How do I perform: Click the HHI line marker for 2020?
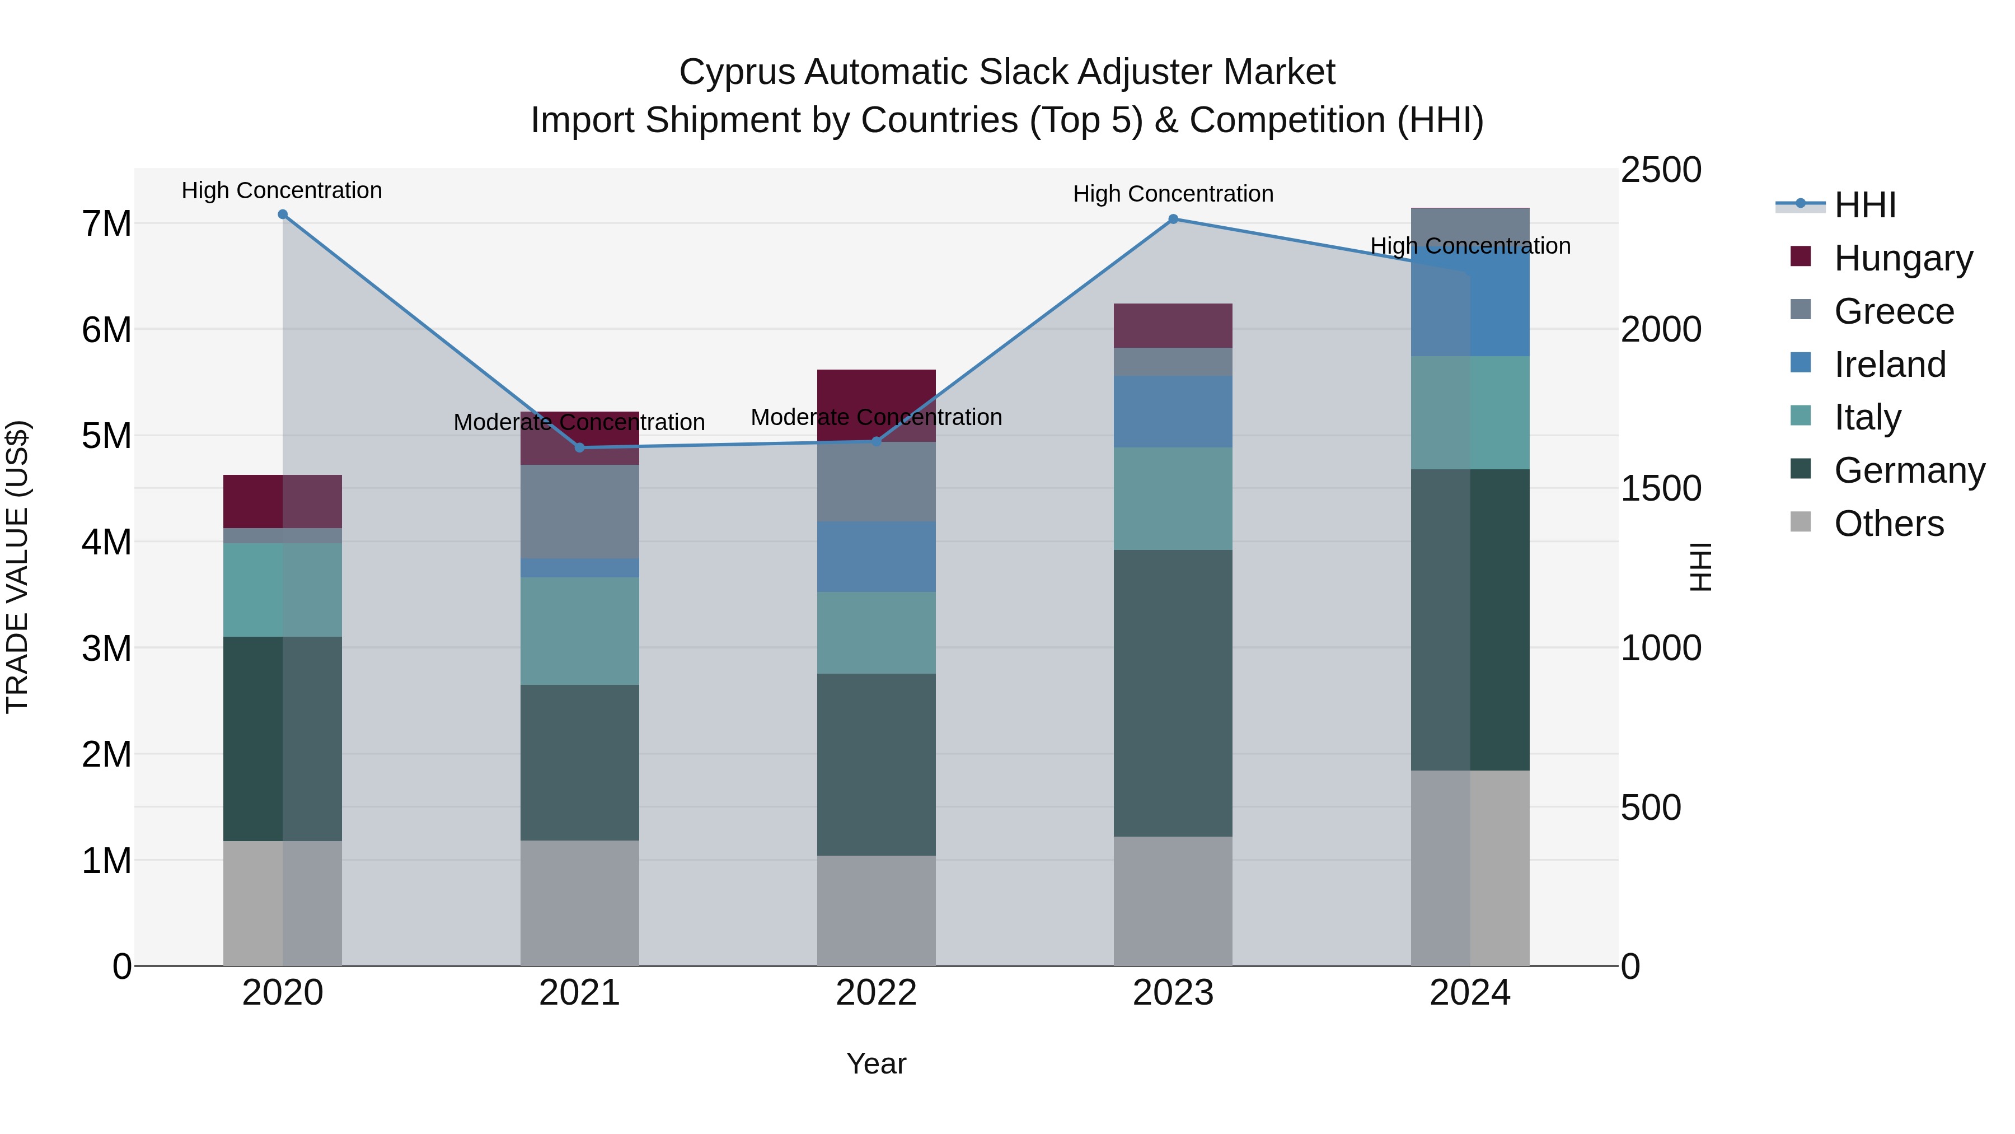click(x=283, y=214)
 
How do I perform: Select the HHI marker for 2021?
click(x=580, y=447)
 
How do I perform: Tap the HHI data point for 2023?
click(x=1173, y=219)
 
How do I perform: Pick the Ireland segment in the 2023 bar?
click(x=1173, y=412)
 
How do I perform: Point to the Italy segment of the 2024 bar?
click(x=1470, y=412)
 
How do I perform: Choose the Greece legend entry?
click(x=1893, y=311)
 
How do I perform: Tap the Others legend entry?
click(x=1889, y=524)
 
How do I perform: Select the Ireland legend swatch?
click(x=1801, y=363)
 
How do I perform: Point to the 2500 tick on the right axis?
click(x=1660, y=170)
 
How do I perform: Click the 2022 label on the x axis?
click(x=876, y=993)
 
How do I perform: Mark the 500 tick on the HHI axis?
click(x=1651, y=808)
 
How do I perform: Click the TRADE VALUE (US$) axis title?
click(x=18, y=567)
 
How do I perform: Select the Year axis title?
click(x=876, y=1063)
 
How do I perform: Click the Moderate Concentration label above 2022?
click(x=876, y=417)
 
